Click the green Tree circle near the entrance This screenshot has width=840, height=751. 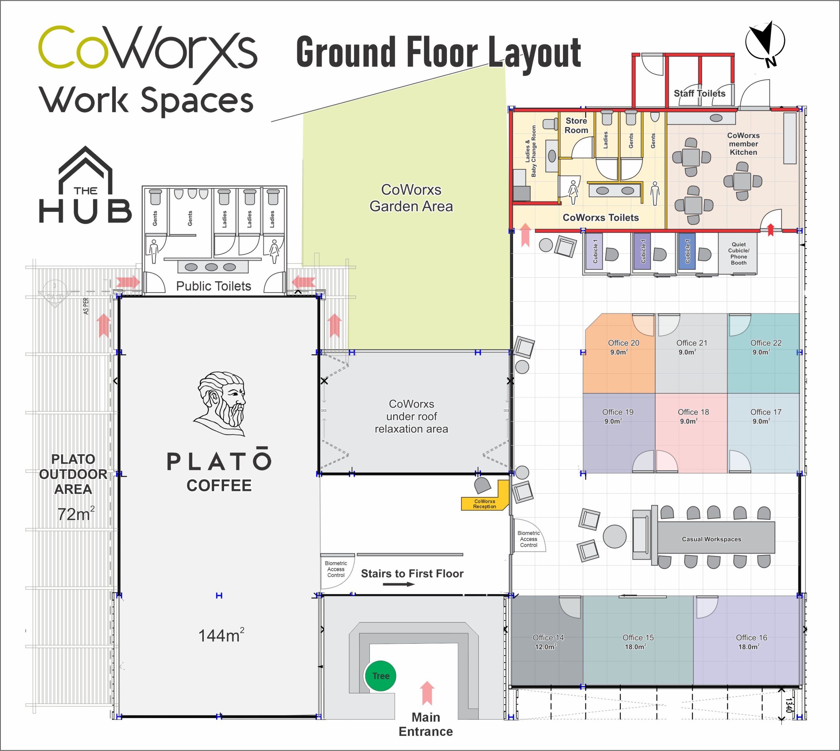point(380,676)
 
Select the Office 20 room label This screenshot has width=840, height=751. point(623,343)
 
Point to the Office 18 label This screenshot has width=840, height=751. point(693,412)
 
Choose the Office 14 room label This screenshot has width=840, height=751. point(548,637)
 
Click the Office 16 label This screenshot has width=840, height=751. point(751,637)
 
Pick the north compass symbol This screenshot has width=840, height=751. point(765,43)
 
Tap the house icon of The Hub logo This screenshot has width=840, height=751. point(85,170)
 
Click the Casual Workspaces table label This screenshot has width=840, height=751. point(711,539)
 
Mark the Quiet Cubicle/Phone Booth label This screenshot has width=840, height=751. point(739,253)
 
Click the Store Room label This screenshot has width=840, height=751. point(577,125)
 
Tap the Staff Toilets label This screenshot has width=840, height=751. point(699,93)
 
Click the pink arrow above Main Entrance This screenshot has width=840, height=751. point(427,693)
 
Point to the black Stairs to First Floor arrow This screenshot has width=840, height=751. point(399,584)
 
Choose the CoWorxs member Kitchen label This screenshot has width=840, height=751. point(743,144)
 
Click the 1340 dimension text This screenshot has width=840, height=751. point(789,705)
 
